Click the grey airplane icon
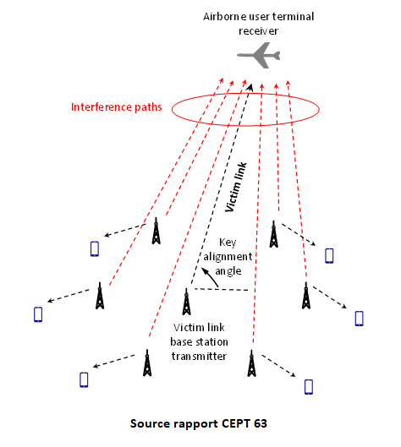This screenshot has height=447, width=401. point(259,55)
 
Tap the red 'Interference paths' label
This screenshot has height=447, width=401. point(117,107)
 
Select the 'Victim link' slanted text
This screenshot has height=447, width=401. point(236,187)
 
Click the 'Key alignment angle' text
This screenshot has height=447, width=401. point(228,257)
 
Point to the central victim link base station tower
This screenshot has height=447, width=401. point(187,302)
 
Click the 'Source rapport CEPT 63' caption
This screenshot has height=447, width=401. point(199,423)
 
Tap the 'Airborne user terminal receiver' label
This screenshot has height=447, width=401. point(259,24)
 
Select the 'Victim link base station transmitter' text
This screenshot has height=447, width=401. point(199,342)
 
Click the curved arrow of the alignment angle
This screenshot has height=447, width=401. point(210,276)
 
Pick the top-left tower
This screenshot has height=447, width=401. point(156,231)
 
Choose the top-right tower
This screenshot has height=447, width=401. point(274,234)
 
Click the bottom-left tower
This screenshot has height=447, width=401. point(147,363)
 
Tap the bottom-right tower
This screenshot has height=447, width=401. point(251,363)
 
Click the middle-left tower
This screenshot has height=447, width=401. point(100,296)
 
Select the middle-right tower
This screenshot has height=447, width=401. point(306,296)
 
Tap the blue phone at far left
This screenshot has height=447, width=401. point(38,314)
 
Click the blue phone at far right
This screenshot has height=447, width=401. point(359,319)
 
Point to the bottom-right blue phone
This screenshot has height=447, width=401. point(309,387)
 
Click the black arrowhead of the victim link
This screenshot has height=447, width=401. point(250,87)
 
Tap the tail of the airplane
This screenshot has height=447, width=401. point(277,56)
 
